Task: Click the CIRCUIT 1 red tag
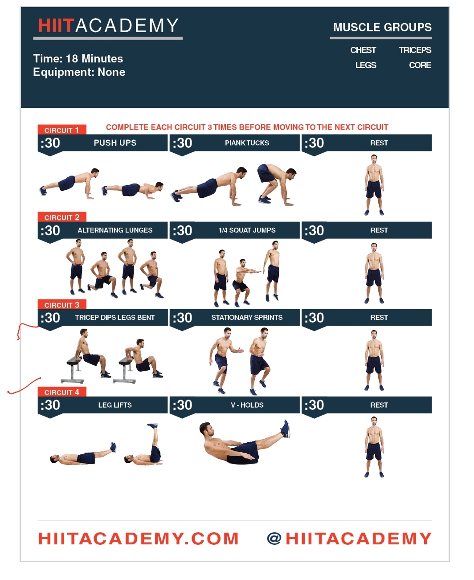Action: pos(61,130)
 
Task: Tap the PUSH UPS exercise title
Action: pos(115,143)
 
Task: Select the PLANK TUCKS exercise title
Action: pos(247,143)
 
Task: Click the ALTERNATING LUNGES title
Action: pos(115,230)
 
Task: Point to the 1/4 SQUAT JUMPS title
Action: pos(247,230)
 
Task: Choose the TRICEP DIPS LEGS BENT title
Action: pos(115,318)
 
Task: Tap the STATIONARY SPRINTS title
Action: pos(247,318)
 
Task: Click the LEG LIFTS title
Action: pos(115,405)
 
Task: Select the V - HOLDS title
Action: pos(247,405)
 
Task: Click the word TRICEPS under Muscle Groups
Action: pos(415,50)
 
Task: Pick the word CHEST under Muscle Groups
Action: pos(363,50)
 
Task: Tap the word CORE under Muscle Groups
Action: pos(420,65)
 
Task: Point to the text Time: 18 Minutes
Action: pos(78,59)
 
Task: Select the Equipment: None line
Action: pos(79,72)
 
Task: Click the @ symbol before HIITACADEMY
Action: pos(274,539)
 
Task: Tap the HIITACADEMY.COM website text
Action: pos(138,539)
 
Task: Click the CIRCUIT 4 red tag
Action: pos(61,392)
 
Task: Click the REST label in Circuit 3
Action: pos(379,318)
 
